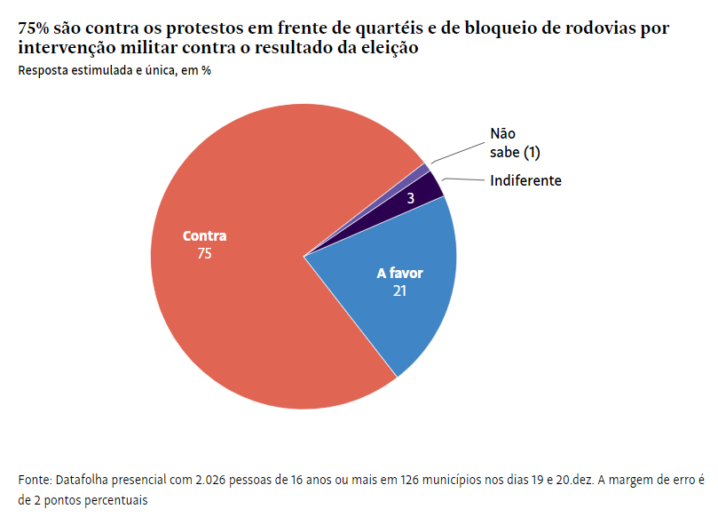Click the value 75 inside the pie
click(x=204, y=253)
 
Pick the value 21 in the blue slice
click(x=399, y=290)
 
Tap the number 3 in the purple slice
click(x=411, y=199)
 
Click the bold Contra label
click(x=204, y=236)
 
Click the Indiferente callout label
click(x=525, y=180)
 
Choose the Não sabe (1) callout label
click(x=514, y=144)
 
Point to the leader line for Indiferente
click(x=463, y=180)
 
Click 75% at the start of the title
click(x=33, y=28)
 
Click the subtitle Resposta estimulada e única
click(x=114, y=70)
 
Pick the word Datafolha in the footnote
click(x=83, y=481)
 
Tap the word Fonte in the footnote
click(x=34, y=481)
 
